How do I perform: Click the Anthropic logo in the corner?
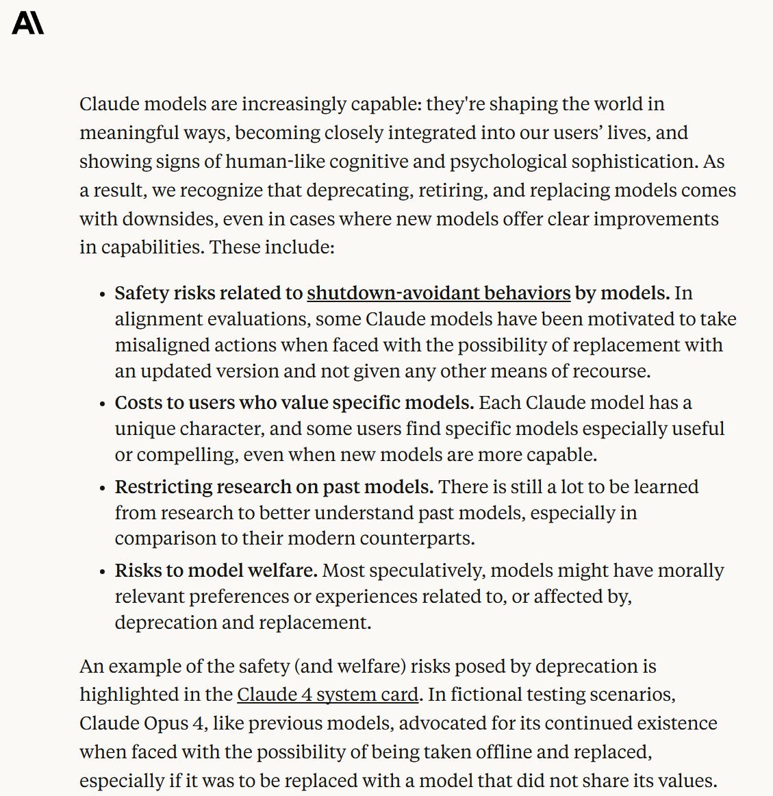point(28,23)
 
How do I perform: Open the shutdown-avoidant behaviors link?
point(438,293)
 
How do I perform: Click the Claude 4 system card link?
point(327,695)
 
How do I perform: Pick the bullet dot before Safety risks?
point(103,295)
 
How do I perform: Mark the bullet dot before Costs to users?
point(103,404)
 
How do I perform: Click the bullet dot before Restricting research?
point(103,488)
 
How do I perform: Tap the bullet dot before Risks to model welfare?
point(103,572)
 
